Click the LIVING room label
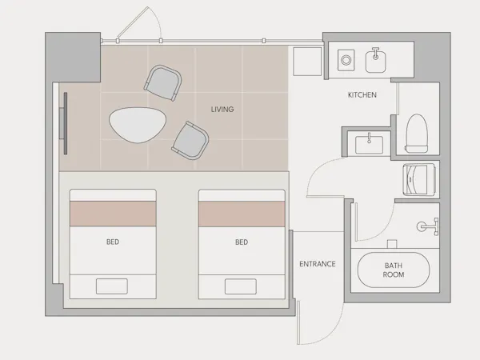click(x=222, y=110)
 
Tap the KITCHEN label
click(x=362, y=95)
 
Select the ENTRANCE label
click(x=318, y=264)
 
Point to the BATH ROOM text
click(x=394, y=270)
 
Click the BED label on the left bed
click(x=113, y=242)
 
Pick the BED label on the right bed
click(x=242, y=242)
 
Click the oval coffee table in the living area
click(x=138, y=125)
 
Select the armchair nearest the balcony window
click(x=162, y=82)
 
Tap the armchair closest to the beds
click(x=190, y=141)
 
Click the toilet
click(x=417, y=134)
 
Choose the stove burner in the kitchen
click(x=346, y=60)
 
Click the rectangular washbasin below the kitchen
click(x=369, y=145)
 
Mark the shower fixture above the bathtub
click(x=428, y=226)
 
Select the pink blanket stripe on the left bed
click(x=113, y=214)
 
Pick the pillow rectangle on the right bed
click(x=241, y=286)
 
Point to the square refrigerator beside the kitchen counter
click(x=307, y=62)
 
